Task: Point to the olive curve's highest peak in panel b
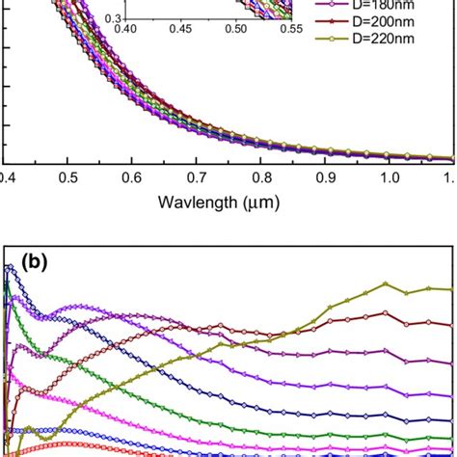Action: [386, 283]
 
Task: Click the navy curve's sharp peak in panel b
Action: [11, 270]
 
